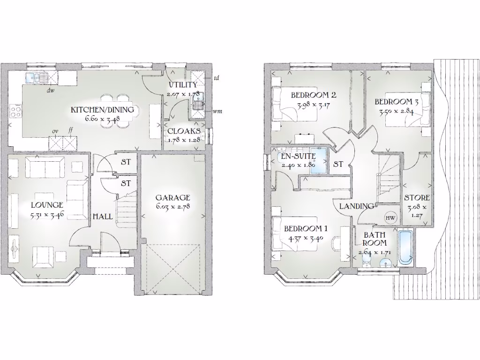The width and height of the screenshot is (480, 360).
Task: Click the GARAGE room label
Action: point(173,197)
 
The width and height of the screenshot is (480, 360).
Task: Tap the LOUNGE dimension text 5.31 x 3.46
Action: point(47,217)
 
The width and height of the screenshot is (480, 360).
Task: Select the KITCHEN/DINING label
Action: point(102,110)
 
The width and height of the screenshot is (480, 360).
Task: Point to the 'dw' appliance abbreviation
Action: point(50,91)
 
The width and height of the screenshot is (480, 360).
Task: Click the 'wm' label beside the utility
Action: point(217,112)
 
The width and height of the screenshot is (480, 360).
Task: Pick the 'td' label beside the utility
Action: point(217,78)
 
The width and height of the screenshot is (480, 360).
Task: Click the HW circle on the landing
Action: point(390,217)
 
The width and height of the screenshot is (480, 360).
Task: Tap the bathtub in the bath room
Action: point(405,247)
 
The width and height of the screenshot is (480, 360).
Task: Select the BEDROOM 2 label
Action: point(313,95)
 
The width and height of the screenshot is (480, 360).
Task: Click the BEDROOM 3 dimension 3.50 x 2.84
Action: point(396,112)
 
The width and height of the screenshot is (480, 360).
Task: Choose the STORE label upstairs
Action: point(417,198)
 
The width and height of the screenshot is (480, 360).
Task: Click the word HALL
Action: point(103,217)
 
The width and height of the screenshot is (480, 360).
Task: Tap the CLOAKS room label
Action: point(184,131)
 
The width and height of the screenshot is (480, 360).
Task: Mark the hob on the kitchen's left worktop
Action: point(15,112)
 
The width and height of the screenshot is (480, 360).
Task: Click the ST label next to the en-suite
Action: point(338,165)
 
